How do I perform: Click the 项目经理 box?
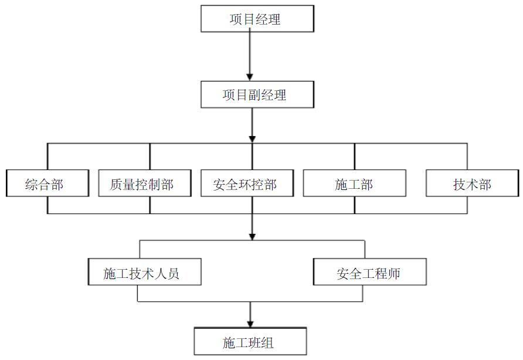pyautogui.click(x=256, y=19)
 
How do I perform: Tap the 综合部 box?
pyautogui.click(x=47, y=184)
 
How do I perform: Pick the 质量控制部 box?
pyautogui.click(x=142, y=184)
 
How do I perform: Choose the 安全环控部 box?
pyautogui.click(x=245, y=184)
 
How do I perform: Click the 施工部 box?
pyautogui.click(x=354, y=184)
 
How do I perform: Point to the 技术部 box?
pyautogui.click(x=472, y=184)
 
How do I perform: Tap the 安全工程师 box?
pyautogui.click(x=370, y=272)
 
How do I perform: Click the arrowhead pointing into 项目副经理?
pyautogui.click(x=250, y=76)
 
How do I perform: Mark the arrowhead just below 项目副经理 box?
pyautogui.click(x=252, y=138)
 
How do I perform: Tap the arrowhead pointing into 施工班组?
pyautogui.click(x=250, y=323)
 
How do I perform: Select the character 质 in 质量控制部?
pyautogui.click(x=116, y=184)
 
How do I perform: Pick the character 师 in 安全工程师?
pyautogui.click(x=395, y=273)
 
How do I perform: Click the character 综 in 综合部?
pyautogui.click(x=32, y=184)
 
